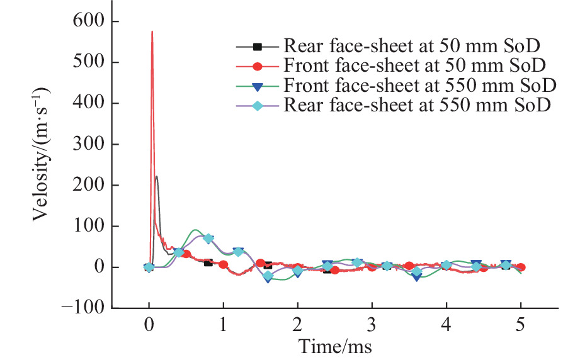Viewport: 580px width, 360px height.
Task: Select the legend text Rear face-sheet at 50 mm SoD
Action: point(413,46)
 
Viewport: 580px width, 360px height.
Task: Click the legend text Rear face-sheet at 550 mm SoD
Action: point(418,105)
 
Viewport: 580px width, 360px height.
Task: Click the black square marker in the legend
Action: point(257,46)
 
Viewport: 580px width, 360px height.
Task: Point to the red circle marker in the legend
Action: point(257,65)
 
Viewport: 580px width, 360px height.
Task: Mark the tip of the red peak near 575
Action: point(152,31)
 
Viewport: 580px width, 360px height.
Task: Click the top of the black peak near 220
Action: point(156,176)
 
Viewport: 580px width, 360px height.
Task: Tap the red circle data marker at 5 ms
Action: point(521,267)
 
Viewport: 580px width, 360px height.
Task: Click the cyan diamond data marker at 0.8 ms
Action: point(208,239)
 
